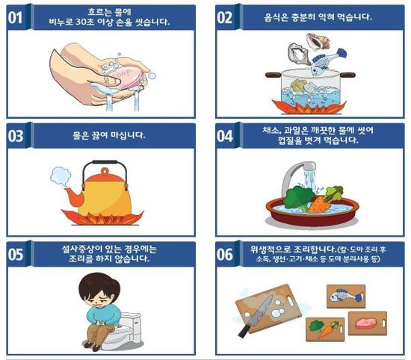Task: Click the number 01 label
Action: point(17,18)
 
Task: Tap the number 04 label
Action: point(226,136)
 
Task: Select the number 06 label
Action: point(226,254)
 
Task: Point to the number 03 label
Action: point(17,136)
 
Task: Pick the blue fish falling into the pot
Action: point(326,55)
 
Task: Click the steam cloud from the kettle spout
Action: point(58,176)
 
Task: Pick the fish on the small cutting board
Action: point(345,294)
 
